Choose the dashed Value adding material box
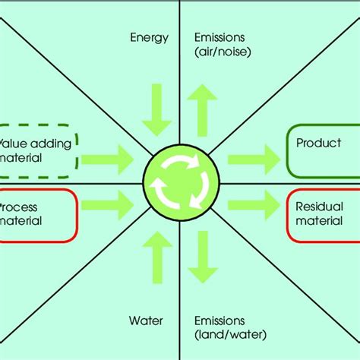coord(38,150)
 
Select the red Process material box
coord(38,214)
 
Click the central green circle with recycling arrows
coord(181,182)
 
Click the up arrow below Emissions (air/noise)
coord(203,110)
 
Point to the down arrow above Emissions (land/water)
coord(203,254)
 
